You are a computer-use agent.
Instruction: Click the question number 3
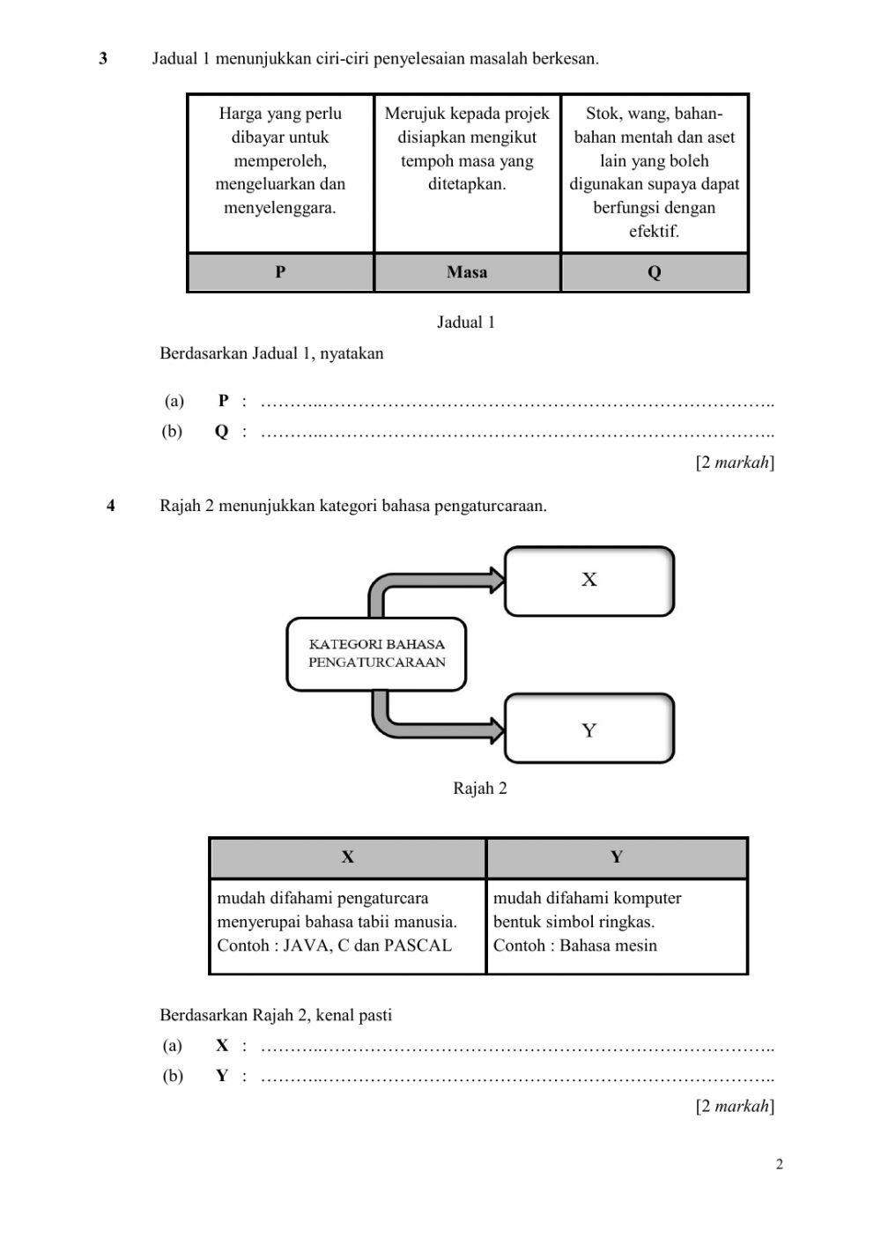click(103, 59)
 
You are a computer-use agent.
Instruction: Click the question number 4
click(111, 506)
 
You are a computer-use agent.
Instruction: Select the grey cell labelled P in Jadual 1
click(280, 272)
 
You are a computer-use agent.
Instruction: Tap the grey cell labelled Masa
click(467, 272)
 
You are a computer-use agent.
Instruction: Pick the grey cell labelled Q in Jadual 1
click(654, 272)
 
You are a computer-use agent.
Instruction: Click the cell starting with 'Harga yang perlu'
click(280, 161)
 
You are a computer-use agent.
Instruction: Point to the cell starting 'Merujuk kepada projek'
click(467, 149)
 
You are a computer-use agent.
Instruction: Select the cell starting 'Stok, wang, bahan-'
click(654, 173)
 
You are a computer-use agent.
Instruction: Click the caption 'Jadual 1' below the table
click(466, 322)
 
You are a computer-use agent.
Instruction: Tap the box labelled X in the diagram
click(589, 580)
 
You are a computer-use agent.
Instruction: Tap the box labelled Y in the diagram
click(589, 730)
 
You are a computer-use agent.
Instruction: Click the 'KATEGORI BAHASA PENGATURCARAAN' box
click(376, 654)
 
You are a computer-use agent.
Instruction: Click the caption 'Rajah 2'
click(479, 789)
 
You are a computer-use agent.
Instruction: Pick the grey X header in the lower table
click(347, 857)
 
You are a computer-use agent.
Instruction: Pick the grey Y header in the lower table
click(616, 857)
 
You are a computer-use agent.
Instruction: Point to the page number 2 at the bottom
click(779, 1165)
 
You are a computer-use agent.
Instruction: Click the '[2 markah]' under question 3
click(735, 462)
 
